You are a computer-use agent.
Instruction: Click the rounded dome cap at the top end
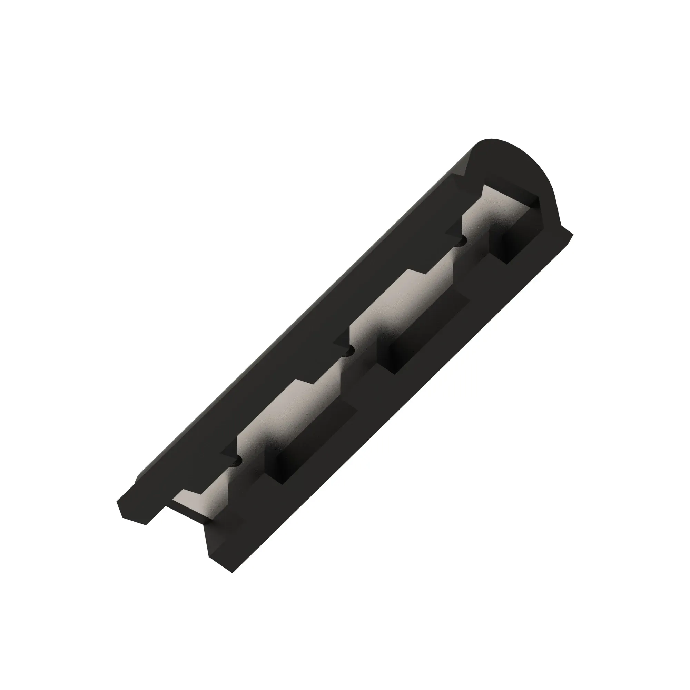click(507, 161)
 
